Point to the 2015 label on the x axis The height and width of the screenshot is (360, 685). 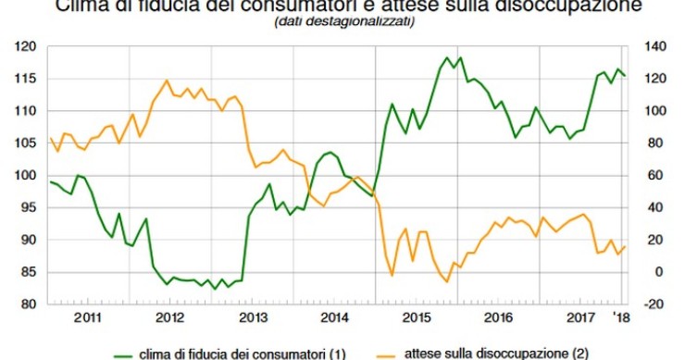[417, 317]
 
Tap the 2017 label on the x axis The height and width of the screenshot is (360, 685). [580, 317]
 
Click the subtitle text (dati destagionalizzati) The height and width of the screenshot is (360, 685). [343, 23]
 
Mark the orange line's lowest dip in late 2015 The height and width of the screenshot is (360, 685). [446, 281]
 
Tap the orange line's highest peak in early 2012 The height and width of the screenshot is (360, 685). [167, 81]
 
